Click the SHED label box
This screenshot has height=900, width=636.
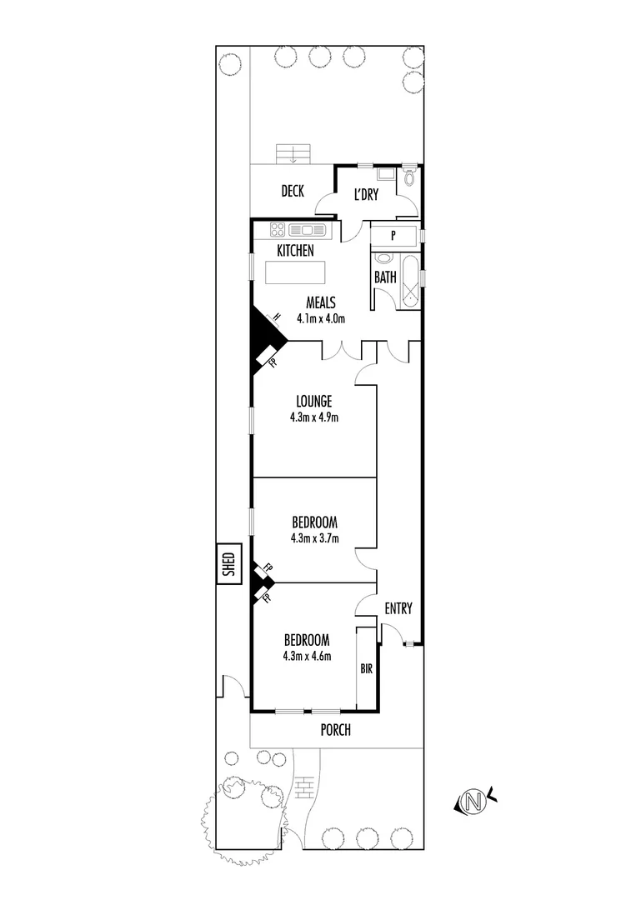pyautogui.click(x=228, y=566)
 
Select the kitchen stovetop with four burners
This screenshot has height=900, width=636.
pyautogui.click(x=278, y=230)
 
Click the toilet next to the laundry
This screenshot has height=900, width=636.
pyautogui.click(x=408, y=178)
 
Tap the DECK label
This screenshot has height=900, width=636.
pyautogui.click(x=292, y=192)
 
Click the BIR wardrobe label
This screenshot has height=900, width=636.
pyautogui.click(x=366, y=668)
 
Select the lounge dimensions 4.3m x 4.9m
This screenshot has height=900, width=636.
pyautogui.click(x=313, y=417)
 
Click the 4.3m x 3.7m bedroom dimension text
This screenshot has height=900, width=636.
pyautogui.click(x=314, y=538)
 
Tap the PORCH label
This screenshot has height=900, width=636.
pyautogui.click(x=336, y=730)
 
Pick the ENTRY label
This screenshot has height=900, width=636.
pyautogui.click(x=398, y=609)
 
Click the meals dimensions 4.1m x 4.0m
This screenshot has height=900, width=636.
pyautogui.click(x=320, y=317)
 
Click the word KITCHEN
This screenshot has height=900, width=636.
pyautogui.click(x=296, y=250)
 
